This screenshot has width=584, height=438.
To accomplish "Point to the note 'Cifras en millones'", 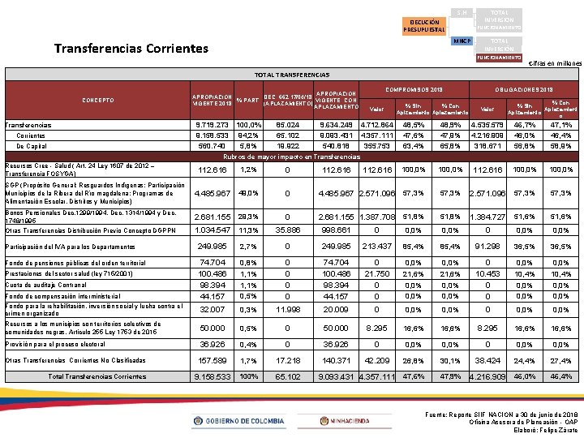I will (x=555, y=63).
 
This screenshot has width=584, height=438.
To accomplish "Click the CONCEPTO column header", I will (x=93, y=100).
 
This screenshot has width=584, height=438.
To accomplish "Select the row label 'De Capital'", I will (x=32, y=146).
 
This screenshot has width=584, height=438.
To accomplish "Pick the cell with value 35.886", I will (x=287, y=230).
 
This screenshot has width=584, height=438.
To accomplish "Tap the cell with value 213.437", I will (x=376, y=246).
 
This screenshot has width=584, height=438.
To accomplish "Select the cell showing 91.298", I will (x=487, y=246).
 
